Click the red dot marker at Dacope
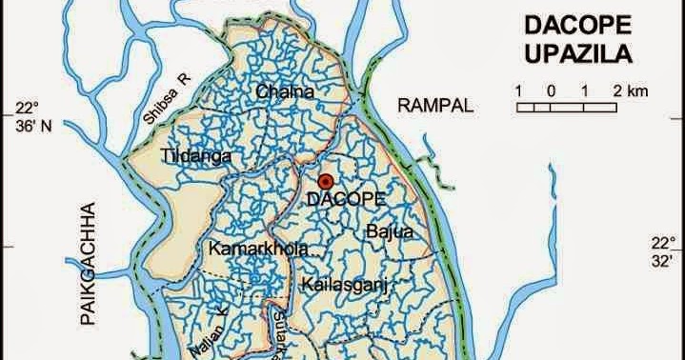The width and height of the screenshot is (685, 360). pos(326,181)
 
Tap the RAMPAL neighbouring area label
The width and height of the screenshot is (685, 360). pos(435,106)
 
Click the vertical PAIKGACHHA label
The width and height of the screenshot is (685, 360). pos(91,266)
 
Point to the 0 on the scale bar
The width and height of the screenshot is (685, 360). pos(552,90)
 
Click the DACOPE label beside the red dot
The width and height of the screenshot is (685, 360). pos(346,199)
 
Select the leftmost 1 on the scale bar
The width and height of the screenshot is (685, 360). pos(519,90)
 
